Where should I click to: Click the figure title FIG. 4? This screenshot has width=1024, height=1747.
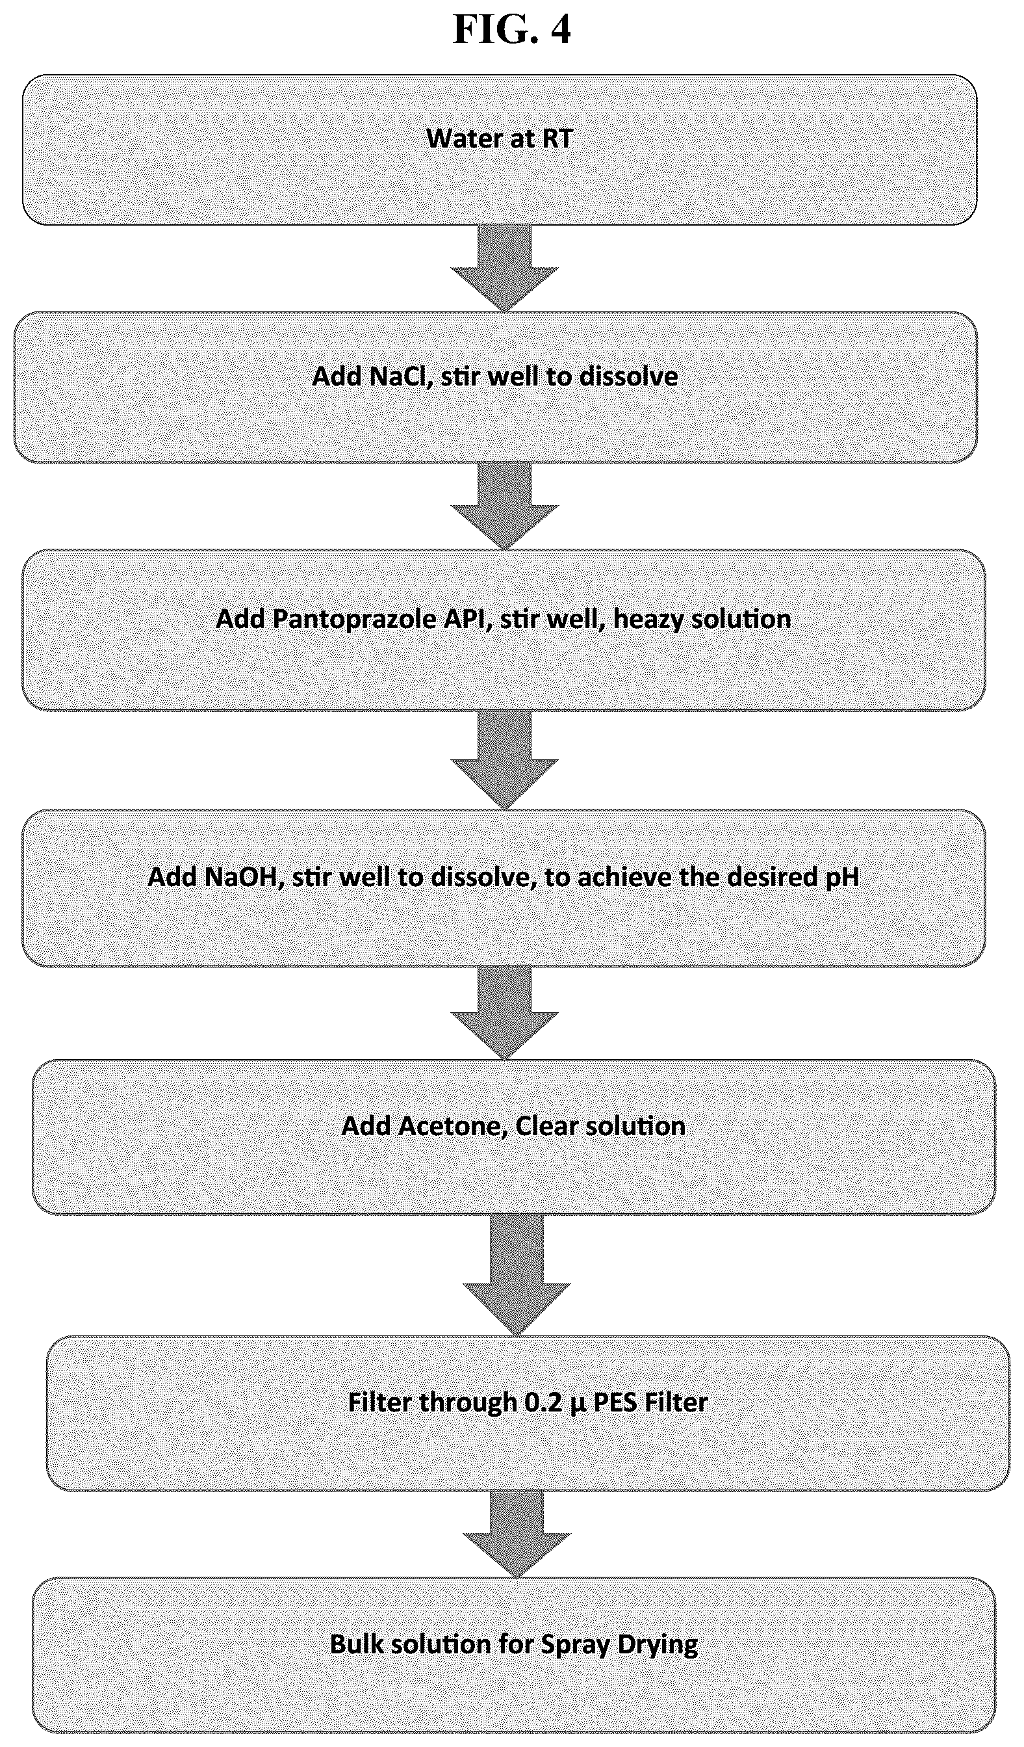(x=512, y=29)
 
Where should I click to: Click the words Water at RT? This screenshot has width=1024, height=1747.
(x=500, y=138)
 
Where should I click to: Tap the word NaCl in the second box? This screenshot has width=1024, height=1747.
(x=400, y=376)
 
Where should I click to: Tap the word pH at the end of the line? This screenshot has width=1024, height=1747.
(x=843, y=878)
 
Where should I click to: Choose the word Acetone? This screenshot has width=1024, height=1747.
(x=452, y=1126)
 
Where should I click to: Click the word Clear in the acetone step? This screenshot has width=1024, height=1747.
(x=546, y=1125)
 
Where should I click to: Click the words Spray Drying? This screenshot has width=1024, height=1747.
(x=619, y=1644)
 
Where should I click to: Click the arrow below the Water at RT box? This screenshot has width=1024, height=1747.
(x=505, y=268)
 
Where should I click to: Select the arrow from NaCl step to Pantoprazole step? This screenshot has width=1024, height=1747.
(x=505, y=505)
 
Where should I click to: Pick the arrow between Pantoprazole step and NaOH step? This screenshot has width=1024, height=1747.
(x=505, y=759)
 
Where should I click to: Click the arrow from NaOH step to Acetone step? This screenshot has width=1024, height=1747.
(x=505, y=1013)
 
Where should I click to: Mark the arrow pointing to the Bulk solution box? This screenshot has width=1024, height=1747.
(x=517, y=1534)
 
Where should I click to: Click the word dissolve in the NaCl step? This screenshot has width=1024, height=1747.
(x=629, y=376)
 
